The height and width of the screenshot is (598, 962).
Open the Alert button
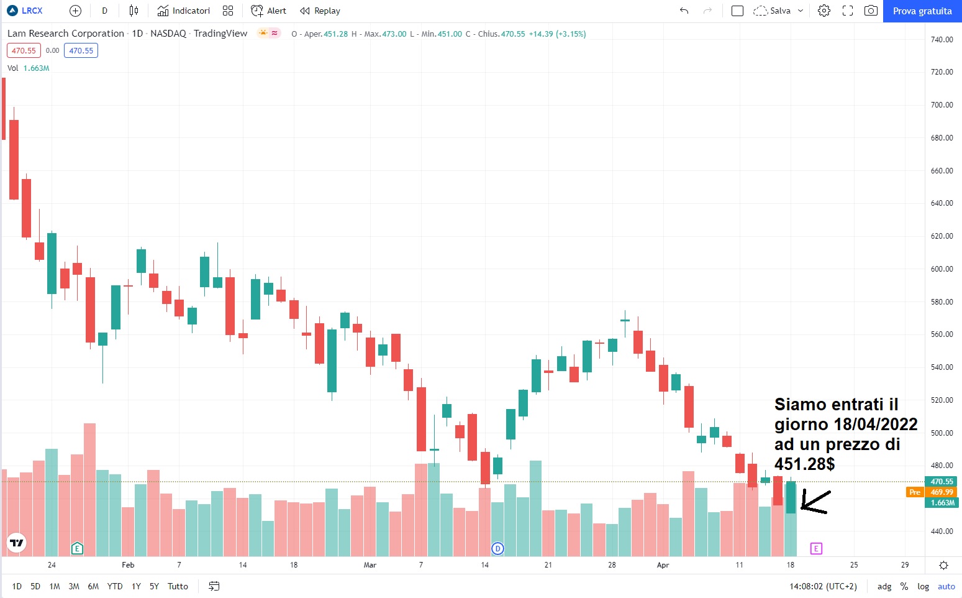tap(268, 11)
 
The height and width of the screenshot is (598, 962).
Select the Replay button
tap(320, 11)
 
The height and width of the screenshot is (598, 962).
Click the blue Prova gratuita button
tap(922, 11)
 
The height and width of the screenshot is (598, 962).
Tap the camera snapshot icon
tap(871, 11)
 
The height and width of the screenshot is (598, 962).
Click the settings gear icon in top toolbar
tap(824, 11)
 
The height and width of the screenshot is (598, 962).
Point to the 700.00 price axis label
tap(942, 105)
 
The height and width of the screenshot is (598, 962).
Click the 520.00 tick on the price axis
tap(942, 400)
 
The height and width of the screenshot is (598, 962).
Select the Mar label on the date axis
tap(370, 565)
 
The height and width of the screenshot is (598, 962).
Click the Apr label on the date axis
tap(663, 565)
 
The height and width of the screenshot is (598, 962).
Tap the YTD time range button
tap(115, 586)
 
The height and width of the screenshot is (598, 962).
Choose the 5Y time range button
tap(154, 586)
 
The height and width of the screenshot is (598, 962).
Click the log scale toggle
tap(923, 586)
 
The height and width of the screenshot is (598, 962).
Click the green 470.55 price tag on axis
tap(942, 482)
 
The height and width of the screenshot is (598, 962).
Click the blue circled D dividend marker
tap(497, 548)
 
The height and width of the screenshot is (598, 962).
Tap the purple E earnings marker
tap(816, 548)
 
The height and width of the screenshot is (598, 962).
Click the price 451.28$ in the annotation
tap(804, 464)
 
